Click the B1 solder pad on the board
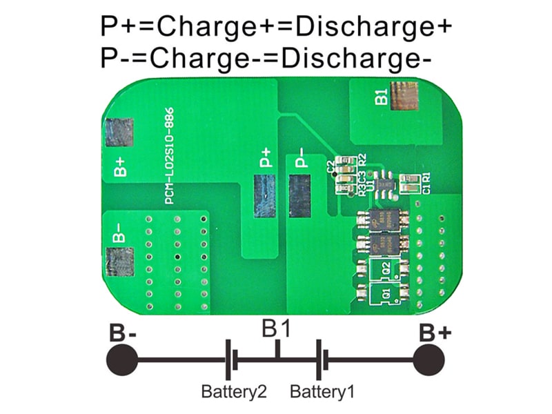click(x=404, y=96)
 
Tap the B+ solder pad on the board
click(x=119, y=132)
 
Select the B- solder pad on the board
click(x=119, y=262)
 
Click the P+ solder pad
click(x=264, y=196)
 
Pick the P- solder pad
click(x=300, y=196)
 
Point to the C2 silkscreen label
click(x=331, y=166)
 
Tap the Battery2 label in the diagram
click(x=234, y=393)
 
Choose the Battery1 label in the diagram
click(x=322, y=393)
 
